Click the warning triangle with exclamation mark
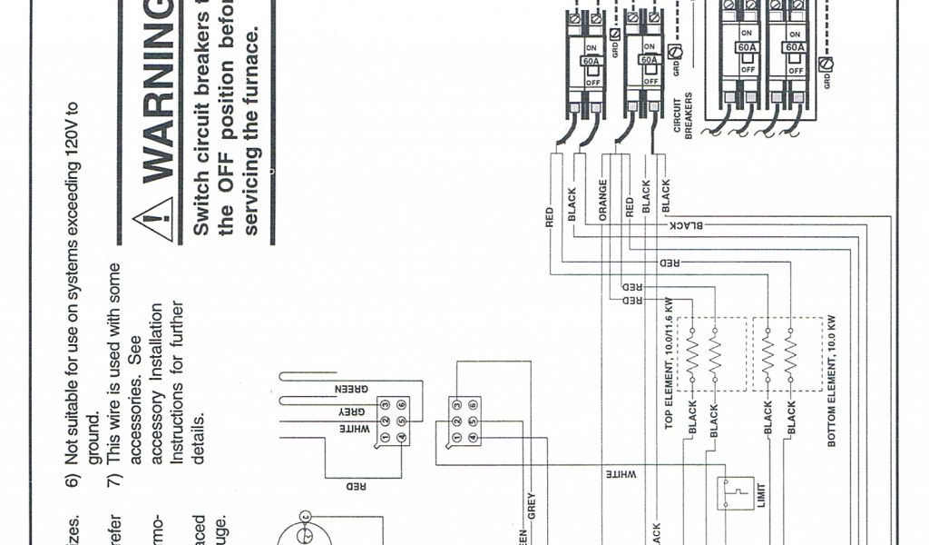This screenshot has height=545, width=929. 153,219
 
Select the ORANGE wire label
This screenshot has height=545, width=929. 602,199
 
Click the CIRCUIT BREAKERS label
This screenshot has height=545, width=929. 682,115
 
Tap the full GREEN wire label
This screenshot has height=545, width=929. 352,388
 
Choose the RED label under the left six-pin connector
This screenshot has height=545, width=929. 357,486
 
